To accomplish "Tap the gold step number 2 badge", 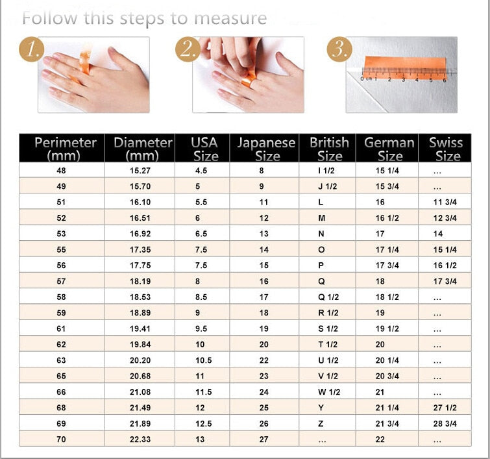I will [x=187, y=50].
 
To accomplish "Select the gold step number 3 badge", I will [x=339, y=50].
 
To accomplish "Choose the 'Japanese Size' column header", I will [x=266, y=149].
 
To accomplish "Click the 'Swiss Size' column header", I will [x=447, y=149].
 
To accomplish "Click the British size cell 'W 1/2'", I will [x=328, y=392].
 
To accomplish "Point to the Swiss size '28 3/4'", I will [x=445, y=424].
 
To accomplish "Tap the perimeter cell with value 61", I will [x=62, y=329].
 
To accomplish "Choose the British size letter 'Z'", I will [x=321, y=424].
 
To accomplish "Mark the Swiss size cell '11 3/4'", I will [x=445, y=203].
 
